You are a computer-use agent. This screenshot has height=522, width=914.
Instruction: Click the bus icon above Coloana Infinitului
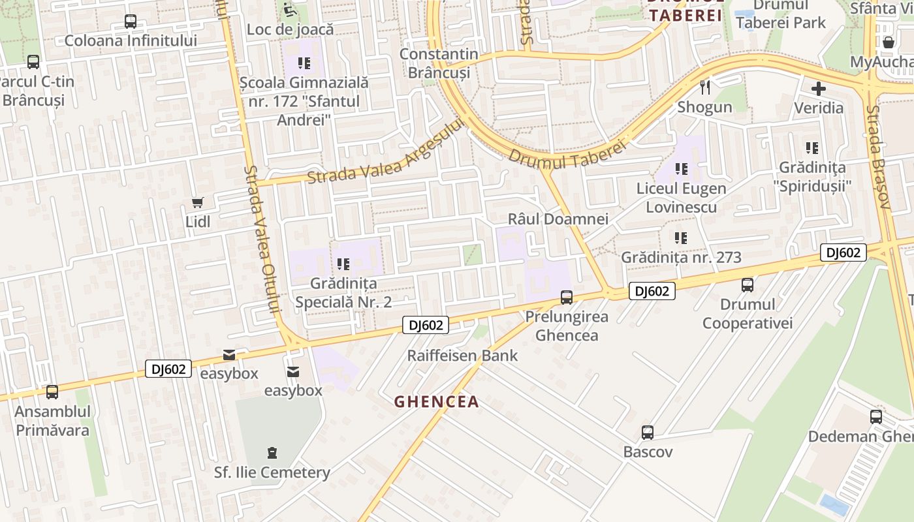pos(131,22)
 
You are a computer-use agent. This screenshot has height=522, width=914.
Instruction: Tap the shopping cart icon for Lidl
pos(197,203)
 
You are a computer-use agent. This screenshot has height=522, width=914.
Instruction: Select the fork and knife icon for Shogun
pos(704,87)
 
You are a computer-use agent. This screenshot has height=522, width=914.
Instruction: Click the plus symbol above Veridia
pos(819,89)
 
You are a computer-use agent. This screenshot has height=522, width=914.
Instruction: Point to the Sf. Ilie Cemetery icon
pos(272,452)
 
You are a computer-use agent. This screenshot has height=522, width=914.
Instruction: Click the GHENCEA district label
pos(437,402)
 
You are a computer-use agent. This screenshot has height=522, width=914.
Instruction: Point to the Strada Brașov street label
pos(878,157)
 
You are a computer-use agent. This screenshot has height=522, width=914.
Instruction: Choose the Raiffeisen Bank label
pos(462,356)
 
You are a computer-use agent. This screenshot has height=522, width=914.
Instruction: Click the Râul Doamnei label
pos(558,219)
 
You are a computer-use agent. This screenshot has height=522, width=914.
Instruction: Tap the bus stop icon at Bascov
pos(647,433)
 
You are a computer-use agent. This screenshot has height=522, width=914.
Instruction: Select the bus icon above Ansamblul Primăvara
pos(52,392)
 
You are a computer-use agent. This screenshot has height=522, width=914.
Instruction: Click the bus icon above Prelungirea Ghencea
pos(567,298)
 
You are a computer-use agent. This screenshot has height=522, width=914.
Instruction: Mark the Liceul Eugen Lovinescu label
pos(682,198)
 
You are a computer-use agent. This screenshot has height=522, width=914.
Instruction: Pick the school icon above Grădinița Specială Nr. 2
pos(343,264)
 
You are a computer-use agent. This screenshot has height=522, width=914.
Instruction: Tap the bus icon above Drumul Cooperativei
pos(748,285)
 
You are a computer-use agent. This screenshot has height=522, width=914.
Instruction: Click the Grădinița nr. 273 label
pos(681,257)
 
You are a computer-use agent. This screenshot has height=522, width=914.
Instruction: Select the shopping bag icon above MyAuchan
pos(889,42)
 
